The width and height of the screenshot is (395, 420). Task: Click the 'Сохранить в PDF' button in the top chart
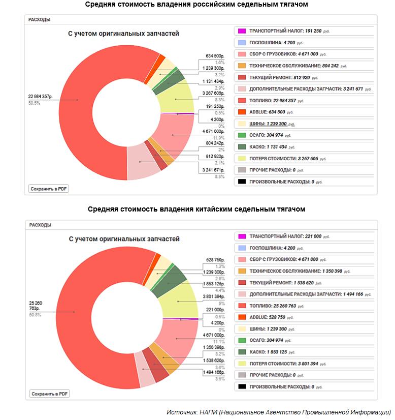pyautogui.click(x=49, y=189)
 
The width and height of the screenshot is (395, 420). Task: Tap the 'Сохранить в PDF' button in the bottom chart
pyautogui.click(x=49, y=394)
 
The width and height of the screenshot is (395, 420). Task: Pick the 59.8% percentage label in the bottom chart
pyautogui.click(x=35, y=315)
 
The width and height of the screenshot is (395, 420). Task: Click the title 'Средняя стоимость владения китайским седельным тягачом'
pyautogui.click(x=196, y=209)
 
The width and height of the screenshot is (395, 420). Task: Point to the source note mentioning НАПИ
pyautogui.click(x=278, y=412)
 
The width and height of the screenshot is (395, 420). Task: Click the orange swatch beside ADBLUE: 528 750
pyautogui.click(x=242, y=317)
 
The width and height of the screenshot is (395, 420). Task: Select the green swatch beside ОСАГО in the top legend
pyautogui.click(x=242, y=135)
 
